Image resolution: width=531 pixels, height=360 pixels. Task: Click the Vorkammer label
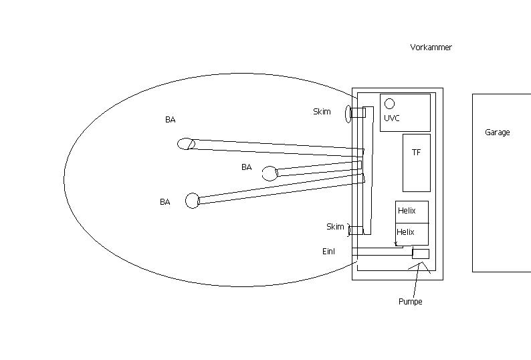click(431, 48)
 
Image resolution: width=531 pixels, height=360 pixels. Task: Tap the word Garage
click(497, 132)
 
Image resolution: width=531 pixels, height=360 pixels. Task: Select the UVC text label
click(392, 118)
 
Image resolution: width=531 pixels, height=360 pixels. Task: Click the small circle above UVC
click(390, 104)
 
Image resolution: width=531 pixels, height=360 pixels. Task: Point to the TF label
click(416, 153)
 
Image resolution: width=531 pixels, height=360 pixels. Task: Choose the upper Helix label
click(407, 211)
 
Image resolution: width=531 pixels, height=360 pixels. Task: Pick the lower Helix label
click(405, 232)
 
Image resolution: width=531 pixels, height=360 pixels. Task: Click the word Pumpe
click(411, 301)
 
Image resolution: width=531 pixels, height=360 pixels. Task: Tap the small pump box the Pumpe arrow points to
click(421, 254)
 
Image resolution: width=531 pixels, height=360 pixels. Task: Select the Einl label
click(328, 252)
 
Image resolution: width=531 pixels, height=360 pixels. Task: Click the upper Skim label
click(322, 112)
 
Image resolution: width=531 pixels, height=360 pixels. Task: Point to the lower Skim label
click(335, 226)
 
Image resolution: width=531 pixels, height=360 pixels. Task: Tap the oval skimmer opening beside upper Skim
click(348, 114)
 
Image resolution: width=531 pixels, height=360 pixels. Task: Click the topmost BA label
click(171, 120)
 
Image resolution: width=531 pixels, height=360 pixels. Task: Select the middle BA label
click(247, 167)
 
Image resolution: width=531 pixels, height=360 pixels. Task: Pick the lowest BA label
click(165, 202)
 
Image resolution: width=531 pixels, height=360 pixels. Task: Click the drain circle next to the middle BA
click(270, 173)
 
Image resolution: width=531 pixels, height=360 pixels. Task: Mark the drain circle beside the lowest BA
click(193, 201)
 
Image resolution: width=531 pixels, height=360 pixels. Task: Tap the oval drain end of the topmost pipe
click(186, 144)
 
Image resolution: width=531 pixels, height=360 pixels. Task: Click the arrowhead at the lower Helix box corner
click(396, 244)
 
